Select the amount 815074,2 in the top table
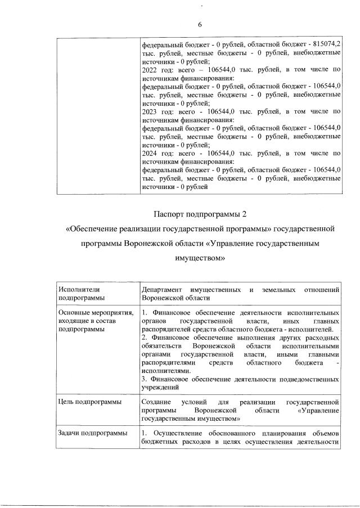[x=327, y=44]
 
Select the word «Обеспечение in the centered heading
[x=91, y=230]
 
